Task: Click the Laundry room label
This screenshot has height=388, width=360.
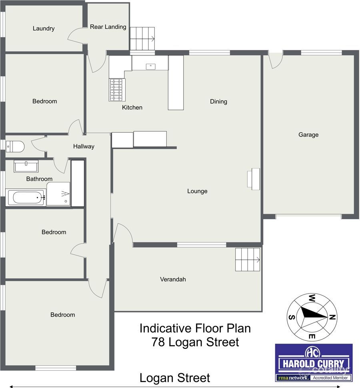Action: point(44,28)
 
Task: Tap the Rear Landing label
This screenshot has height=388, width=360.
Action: point(108,27)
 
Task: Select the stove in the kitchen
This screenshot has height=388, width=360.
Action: point(117,90)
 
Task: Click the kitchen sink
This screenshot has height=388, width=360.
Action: point(151,66)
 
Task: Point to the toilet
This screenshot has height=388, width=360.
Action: point(15,147)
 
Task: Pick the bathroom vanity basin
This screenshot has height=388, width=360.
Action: point(26,166)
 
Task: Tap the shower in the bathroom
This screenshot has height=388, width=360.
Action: point(58,194)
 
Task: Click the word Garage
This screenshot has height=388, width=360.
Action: point(308,135)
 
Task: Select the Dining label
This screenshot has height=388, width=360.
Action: point(218,102)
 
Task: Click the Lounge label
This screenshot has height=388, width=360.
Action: point(197,191)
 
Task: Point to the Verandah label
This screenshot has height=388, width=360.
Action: point(173,279)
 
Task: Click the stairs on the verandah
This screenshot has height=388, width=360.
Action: point(248,260)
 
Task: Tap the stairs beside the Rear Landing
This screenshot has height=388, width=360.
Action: point(142,38)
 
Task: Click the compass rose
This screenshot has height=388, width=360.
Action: point(312,317)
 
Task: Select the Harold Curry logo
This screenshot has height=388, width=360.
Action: point(313,362)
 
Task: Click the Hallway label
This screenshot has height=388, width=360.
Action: point(84,146)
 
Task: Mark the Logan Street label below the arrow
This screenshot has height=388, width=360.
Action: point(174,378)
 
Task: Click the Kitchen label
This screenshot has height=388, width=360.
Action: point(132,108)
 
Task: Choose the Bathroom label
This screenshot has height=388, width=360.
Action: point(39,179)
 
